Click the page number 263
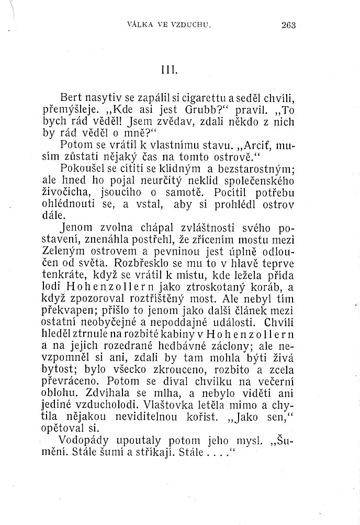[289, 23]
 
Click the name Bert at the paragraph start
[72, 97]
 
